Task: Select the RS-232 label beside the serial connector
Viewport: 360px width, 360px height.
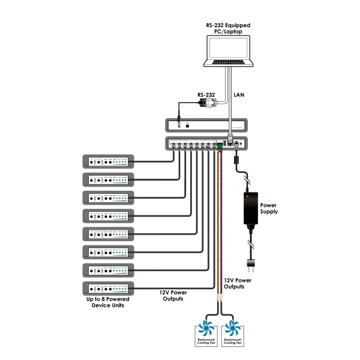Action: (x=206, y=95)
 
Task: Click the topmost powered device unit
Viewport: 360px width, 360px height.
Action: (x=109, y=161)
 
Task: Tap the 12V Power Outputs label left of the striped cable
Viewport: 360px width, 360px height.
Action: (x=173, y=296)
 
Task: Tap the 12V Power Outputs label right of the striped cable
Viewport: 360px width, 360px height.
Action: (x=236, y=283)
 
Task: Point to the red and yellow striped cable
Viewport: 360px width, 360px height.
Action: (x=218, y=228)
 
